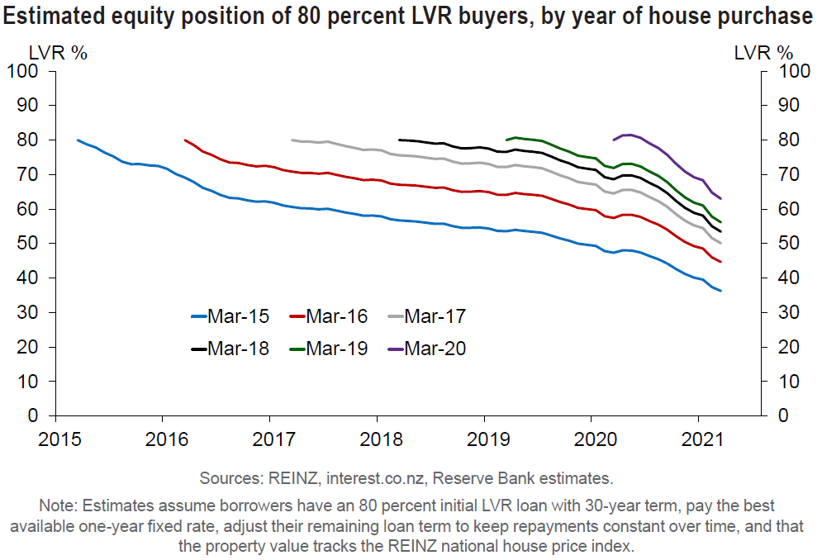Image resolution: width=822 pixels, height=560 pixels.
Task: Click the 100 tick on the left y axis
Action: [x=22, y=71]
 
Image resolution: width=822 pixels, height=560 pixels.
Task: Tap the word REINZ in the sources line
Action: [x=291, y=478]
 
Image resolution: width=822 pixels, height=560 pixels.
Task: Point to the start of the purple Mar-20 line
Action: [x=613, y=140]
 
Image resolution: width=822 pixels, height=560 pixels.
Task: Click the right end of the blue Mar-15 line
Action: [x=720, y=291]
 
